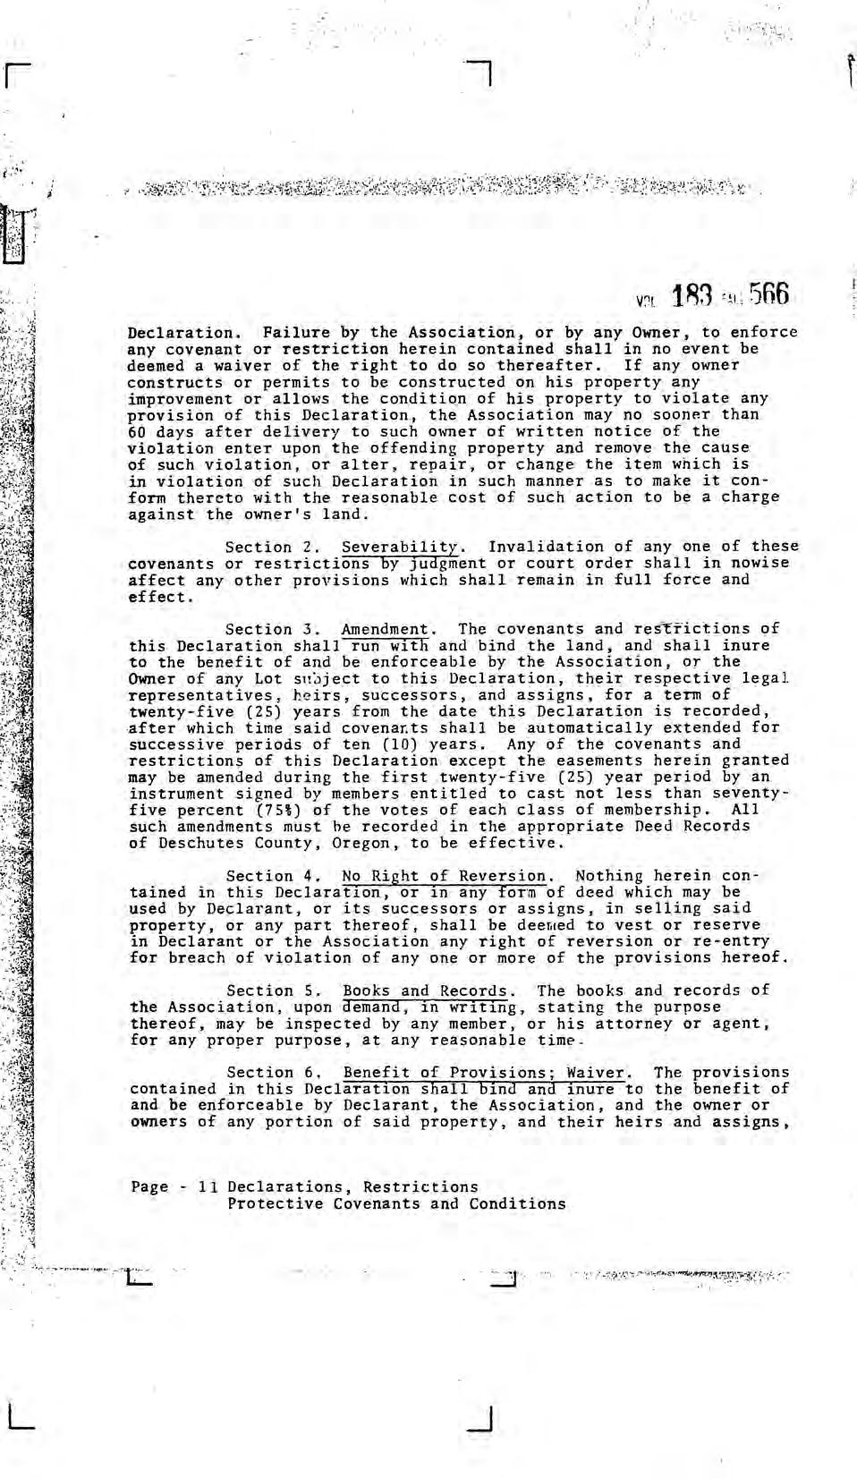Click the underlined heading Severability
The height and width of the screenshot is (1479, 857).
403,547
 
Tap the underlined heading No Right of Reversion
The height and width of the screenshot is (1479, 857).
445,876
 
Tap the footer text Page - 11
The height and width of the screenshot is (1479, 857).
174,1187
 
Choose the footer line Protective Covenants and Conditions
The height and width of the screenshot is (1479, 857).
396,1204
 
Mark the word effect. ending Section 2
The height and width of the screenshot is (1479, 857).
162,597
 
